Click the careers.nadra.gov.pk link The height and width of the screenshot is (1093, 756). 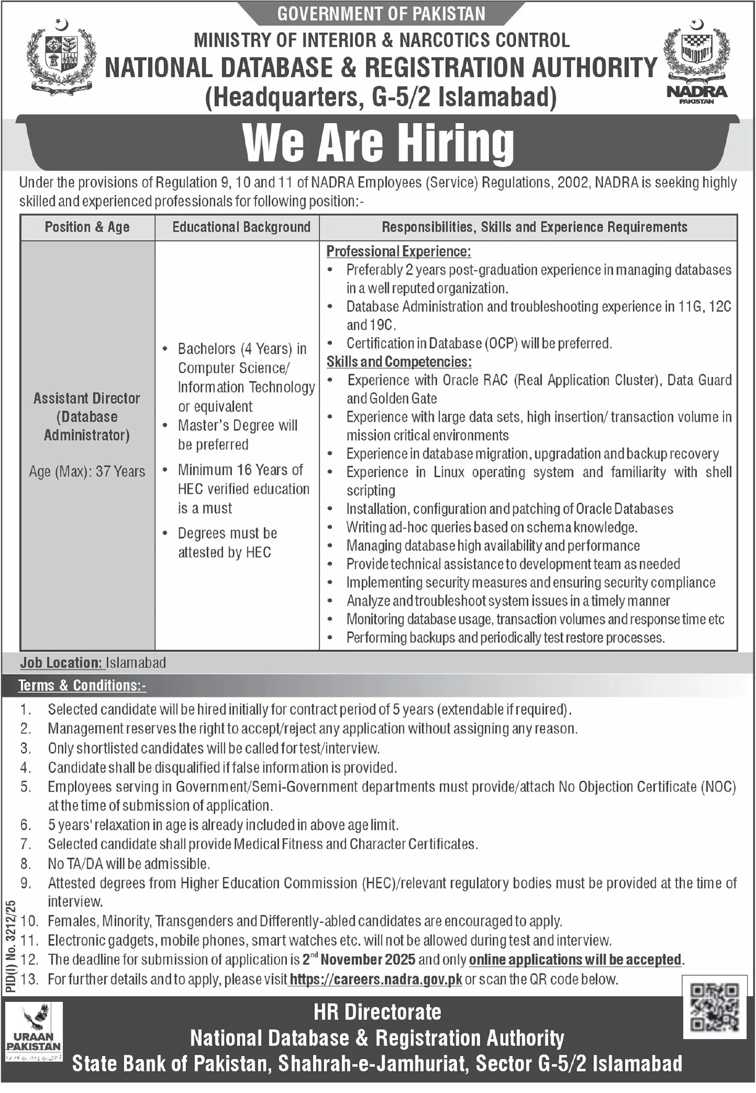click(375, 979)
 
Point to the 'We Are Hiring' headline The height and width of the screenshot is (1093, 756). click(378, 143)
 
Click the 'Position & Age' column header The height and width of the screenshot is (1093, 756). click(87, 227)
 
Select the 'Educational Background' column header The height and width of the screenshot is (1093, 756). click(241, 227)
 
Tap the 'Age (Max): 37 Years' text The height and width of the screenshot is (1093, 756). click(87, 472)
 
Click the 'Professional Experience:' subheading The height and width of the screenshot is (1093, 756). click(399, 252)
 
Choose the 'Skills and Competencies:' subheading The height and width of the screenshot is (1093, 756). click(399, 362)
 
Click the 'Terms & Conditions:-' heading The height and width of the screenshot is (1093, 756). click(82, 686)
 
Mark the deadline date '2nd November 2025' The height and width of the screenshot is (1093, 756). click(359, 960)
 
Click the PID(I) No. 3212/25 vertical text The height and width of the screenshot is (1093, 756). click(12, 945)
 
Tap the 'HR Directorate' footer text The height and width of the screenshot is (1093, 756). click(377, 1012)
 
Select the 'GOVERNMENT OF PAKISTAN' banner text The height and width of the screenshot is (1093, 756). click(381, 14)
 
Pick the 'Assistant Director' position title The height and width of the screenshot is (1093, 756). click(87, 398)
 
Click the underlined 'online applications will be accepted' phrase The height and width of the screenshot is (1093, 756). click(576, 960)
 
